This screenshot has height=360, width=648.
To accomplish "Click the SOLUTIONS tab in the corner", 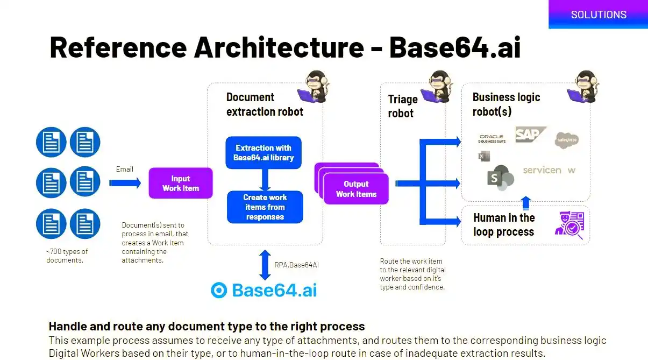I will click(598, 15).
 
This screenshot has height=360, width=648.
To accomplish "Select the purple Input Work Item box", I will click(181, 183).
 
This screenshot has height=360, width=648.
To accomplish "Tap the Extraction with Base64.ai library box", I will click(264, 153).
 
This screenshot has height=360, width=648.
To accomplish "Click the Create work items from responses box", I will click(265, 207).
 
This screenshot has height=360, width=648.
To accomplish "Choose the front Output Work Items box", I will click(356, 189).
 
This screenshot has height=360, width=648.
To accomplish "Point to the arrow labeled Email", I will click(125, 183).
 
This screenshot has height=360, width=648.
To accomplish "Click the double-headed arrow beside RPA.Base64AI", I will click(265, 264).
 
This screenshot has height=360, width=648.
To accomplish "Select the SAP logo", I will click(530, 135).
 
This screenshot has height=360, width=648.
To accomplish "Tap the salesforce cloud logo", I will click(566, 140).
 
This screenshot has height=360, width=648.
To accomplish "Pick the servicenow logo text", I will click(549, 170).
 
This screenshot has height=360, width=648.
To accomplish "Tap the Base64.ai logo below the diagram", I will click(264, 290).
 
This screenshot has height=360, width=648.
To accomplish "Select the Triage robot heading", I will click(402, 106).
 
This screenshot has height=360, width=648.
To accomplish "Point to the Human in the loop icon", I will click(568, 225).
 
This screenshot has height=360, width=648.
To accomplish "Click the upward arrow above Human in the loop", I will click(526, 203).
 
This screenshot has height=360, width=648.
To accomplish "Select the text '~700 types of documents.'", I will click(67, 256).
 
